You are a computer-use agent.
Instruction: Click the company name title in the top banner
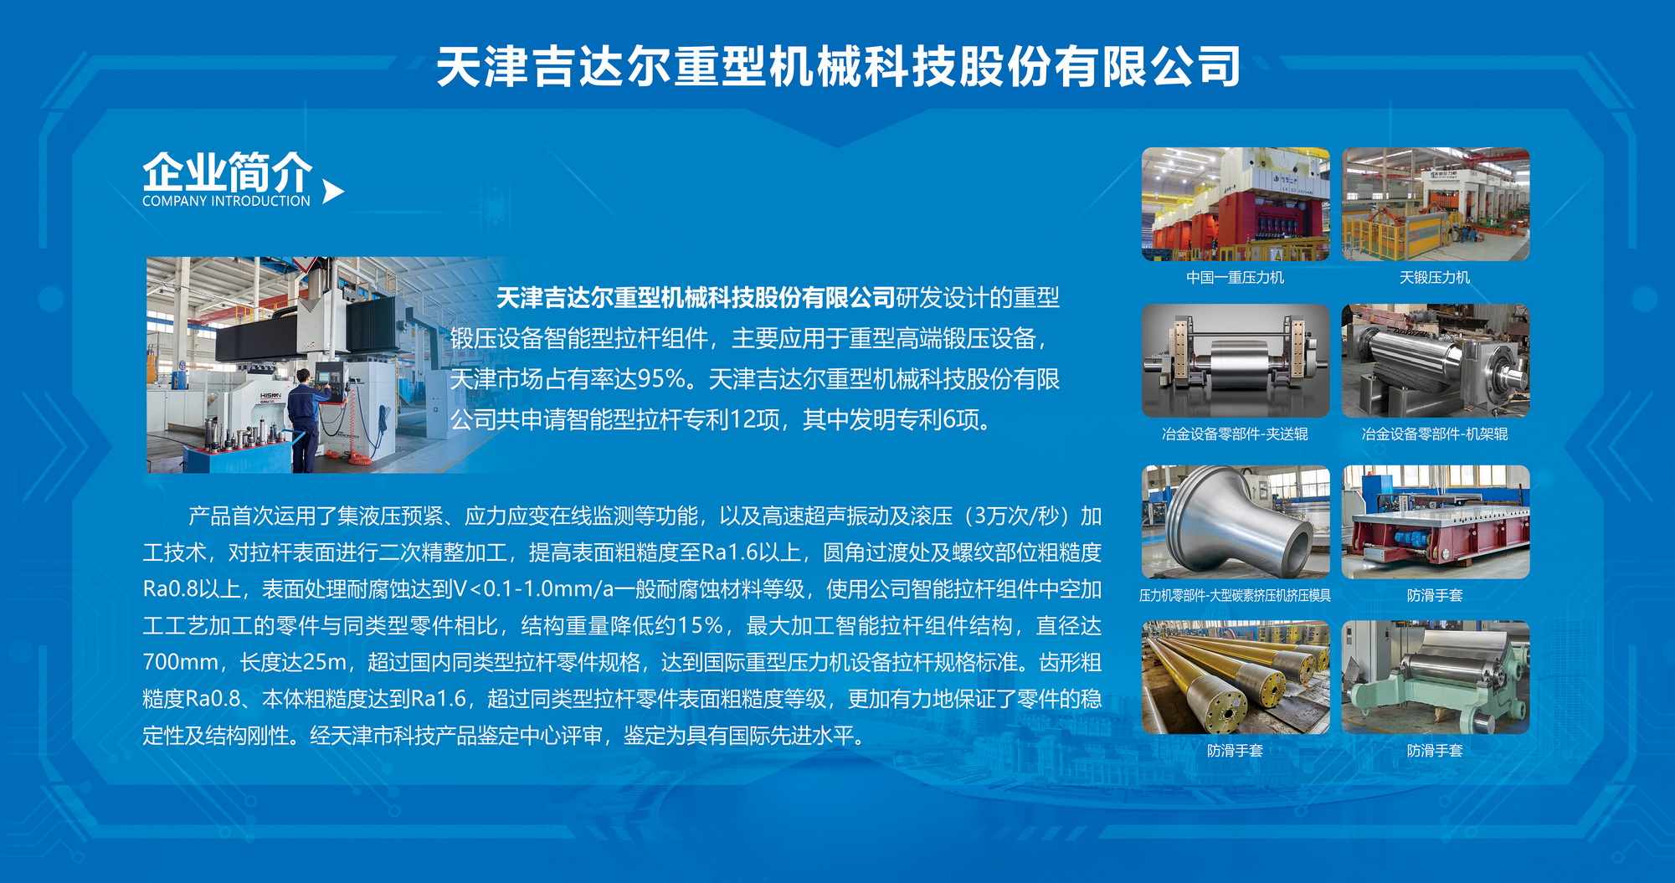[838, 67]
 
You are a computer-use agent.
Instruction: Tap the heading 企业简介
[227, 172]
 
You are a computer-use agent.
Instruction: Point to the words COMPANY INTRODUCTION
[226, 201]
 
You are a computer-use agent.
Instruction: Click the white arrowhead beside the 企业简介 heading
[332, 192]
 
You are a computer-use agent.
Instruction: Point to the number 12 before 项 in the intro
[742, 419]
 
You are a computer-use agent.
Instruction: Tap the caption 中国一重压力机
[1235, 277]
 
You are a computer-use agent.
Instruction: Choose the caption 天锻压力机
[1435, 277]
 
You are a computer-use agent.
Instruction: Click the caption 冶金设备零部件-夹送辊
[1235, 434]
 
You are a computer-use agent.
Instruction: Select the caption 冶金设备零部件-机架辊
[1435, 434]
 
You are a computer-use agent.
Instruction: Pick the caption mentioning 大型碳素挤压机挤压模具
[1235, 595]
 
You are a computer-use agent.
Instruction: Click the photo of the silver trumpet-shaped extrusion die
[1236, 522]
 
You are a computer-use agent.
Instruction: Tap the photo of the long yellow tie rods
[1236, 678]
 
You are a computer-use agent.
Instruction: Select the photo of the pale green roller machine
[1436, 678]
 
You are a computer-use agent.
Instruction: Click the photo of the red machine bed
[1436, 522]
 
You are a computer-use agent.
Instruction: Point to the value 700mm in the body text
[181, 662]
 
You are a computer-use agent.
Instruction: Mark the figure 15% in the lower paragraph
[701, 625]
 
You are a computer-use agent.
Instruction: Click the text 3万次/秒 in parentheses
[1018, 516]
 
